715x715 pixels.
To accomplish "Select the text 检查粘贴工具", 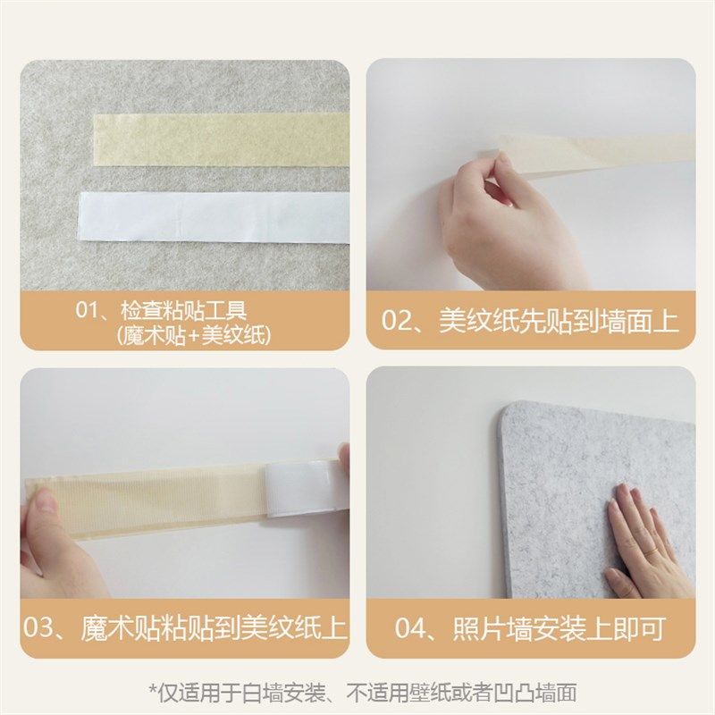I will point(184,312).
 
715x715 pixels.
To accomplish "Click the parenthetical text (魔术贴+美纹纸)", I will point(193,335).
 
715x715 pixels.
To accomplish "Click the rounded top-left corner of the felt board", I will point(511,413).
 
